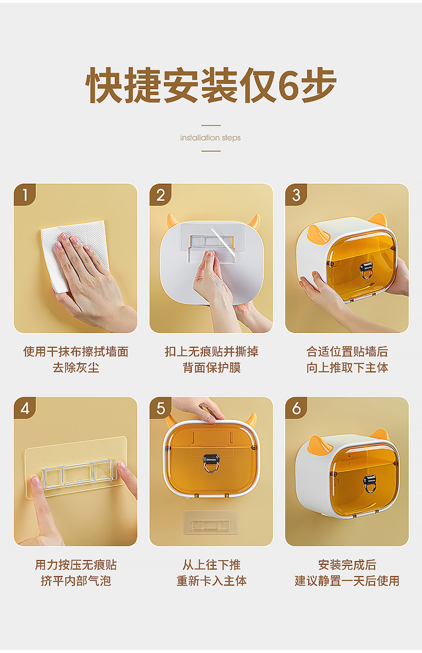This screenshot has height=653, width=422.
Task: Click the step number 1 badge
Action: [25, 194]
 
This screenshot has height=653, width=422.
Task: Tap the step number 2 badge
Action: [161, 194]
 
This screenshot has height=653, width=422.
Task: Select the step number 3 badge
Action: [297, 194]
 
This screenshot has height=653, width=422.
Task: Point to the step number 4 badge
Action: [25, 408]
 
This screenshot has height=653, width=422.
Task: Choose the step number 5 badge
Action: [161, 408]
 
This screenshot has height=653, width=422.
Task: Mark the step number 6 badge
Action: [297, 408]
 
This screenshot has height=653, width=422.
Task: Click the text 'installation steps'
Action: [210, 137]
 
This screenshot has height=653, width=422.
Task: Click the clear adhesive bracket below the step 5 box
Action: [211, 522]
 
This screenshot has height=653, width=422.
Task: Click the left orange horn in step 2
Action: [173, 220]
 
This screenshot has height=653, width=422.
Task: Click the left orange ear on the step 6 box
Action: [319, 444]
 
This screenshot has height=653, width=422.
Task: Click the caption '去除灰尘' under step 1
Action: [76, 368]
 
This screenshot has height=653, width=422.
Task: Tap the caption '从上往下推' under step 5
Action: [212, 565]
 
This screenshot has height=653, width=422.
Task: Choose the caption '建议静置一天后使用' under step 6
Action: [347, 580]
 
